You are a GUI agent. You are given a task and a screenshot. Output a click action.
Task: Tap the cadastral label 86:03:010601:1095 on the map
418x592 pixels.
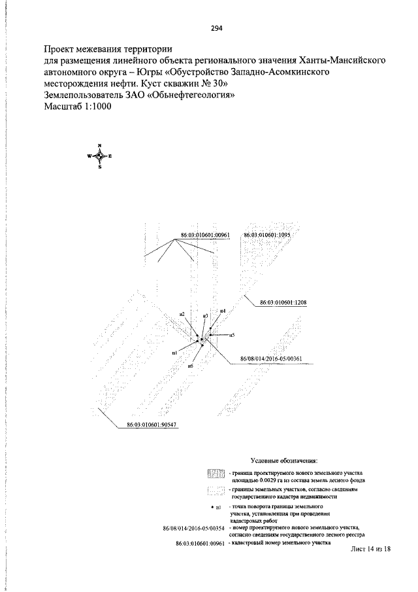point(266,234)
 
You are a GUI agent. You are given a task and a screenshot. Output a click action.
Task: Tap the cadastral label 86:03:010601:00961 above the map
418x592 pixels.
point(198,234)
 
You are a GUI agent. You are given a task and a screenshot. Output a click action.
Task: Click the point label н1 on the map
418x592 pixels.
point(174,353)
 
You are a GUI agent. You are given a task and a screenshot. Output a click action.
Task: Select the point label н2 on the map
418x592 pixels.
point(182,315)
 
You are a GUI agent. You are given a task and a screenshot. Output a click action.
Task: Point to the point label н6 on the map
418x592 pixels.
point(190,366)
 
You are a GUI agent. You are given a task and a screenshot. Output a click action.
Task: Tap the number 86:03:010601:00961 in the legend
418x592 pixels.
point(201,543)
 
